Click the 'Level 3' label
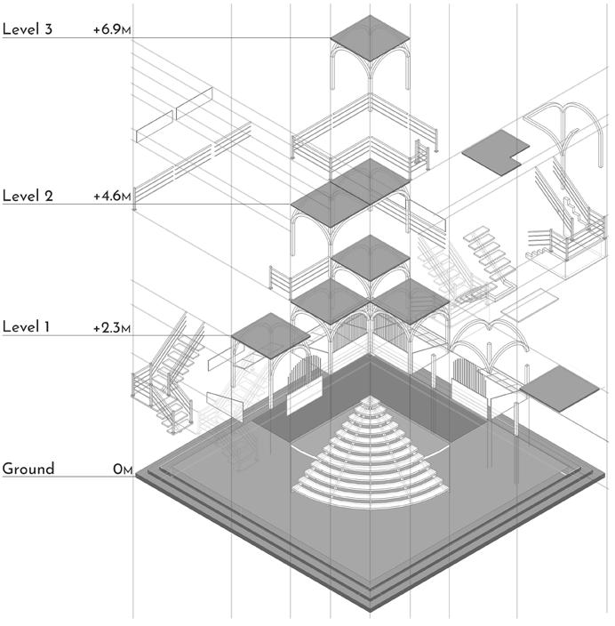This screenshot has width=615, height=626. click(x=28, y=29)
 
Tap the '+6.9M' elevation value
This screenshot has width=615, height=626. click(x=112, y=29)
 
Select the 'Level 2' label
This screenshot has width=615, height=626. click(x=28, y=196)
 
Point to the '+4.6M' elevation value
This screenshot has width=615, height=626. click(x=112, y=196)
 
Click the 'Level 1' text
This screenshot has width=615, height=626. click(x=27, y=327)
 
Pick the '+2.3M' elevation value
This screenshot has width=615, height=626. click(x=112, y=327)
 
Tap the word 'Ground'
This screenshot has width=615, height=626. click(x=28, y=469)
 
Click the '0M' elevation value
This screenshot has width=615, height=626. click(x=123, y=469)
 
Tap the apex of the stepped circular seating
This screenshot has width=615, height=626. click(x=370, y=402)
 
